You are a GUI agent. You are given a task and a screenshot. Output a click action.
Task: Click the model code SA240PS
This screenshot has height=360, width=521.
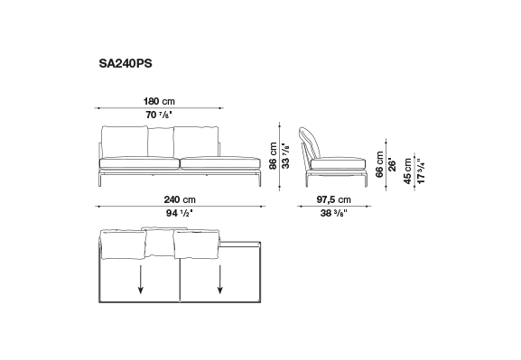[126, 63]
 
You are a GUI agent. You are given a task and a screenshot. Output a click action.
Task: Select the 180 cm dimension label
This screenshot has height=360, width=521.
[159, 101]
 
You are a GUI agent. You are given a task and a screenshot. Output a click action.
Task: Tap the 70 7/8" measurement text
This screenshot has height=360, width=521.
[159, 115]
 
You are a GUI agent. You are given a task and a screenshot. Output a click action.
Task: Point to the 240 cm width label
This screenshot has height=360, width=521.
[180, 199]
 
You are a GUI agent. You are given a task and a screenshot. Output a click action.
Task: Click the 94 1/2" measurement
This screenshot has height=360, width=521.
[180, 213]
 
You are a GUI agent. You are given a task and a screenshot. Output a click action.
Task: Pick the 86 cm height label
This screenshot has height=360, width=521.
[273, 156]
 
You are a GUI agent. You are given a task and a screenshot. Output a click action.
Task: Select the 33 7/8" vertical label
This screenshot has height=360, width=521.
[285, 156]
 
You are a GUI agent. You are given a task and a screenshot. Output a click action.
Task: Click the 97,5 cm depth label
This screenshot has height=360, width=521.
[333, 199]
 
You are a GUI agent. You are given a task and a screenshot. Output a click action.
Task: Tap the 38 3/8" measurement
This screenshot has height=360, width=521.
[333, 213]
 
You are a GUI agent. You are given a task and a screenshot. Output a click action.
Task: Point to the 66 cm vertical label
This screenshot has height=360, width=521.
[379, 165]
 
